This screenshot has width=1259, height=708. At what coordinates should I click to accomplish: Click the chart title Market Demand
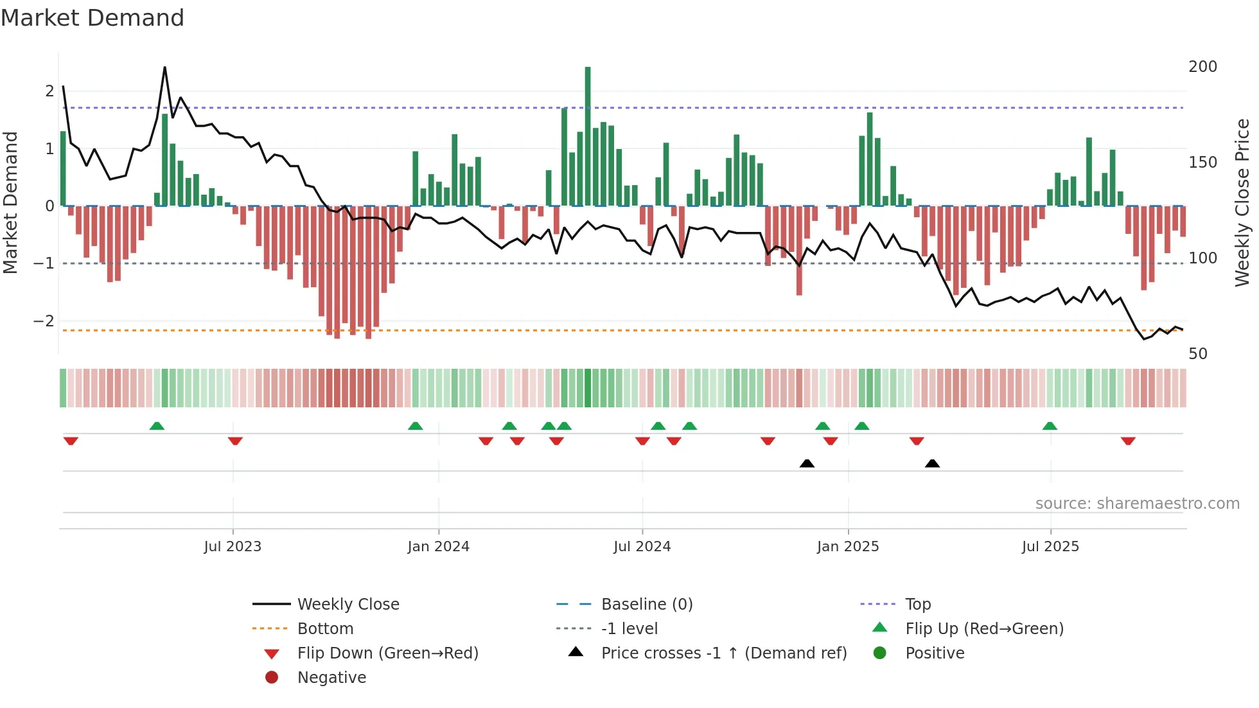tap(92, 18)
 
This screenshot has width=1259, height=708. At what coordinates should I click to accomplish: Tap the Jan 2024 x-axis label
tap(438, 547)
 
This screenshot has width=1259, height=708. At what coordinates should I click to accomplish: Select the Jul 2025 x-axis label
tap(1050, 547)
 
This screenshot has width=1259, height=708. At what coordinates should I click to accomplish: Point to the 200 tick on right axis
tap(1202, 67)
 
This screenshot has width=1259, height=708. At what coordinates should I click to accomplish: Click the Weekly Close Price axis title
tap(1242, 202)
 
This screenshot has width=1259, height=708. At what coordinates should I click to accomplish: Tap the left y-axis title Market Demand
tap(10, 202)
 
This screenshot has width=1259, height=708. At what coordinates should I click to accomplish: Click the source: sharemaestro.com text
tap(1137, 504)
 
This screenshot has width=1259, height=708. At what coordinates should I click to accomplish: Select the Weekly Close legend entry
tap(348, 605)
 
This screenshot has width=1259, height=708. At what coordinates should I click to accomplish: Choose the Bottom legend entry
tap(325, 629)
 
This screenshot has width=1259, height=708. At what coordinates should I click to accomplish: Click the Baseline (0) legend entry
tap(646, 605)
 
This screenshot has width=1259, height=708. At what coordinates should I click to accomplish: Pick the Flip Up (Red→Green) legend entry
tap(984, 629)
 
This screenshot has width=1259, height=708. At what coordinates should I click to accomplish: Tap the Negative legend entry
tap(331, 678)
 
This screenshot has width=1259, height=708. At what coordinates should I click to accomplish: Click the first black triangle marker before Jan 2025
tap(807, 463)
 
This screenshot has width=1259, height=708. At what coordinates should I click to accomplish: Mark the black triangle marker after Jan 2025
tap(932, 463)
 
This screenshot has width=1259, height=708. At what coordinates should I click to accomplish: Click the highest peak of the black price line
tap(164, 67)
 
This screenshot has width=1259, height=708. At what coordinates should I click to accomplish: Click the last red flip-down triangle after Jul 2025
tap(1128, 441)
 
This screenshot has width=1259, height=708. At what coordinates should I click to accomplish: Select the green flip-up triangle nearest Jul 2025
tap(1050, 426)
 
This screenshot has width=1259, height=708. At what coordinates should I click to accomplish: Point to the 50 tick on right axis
tap(1197, 354)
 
